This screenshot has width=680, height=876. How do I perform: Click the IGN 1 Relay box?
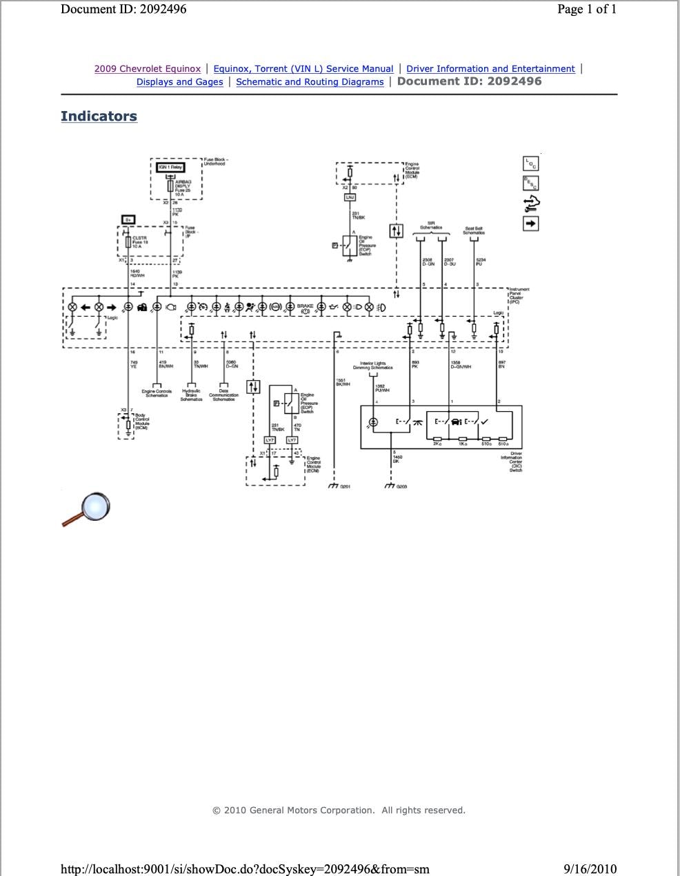click(168, 167)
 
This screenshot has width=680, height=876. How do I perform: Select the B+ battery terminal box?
click(128, 220)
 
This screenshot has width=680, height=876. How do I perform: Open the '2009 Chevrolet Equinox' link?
click(148, 69)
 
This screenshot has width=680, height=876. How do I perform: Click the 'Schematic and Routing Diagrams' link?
click(310, 82)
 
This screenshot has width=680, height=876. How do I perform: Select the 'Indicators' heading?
click(99, 116)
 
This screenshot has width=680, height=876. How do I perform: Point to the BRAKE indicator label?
click(305, 306)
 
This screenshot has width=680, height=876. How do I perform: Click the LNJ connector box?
click(350, 198)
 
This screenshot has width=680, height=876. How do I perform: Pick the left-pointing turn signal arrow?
click(86, 307)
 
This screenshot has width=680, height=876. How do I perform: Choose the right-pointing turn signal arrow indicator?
click(112, 307)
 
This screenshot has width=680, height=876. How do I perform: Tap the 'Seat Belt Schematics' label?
click(474, 230)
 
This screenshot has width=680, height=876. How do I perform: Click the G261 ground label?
click(345, 487)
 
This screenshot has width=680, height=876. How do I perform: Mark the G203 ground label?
click(401, 487)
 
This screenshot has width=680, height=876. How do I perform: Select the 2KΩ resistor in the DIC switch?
click(437, 439)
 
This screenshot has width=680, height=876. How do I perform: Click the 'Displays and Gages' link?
click(179, 82)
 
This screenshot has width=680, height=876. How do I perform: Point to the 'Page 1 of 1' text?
click(587, 9)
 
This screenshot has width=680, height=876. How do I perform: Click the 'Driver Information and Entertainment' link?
click(490, 69)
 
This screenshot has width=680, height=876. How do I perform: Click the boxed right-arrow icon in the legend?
click(530, 223)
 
